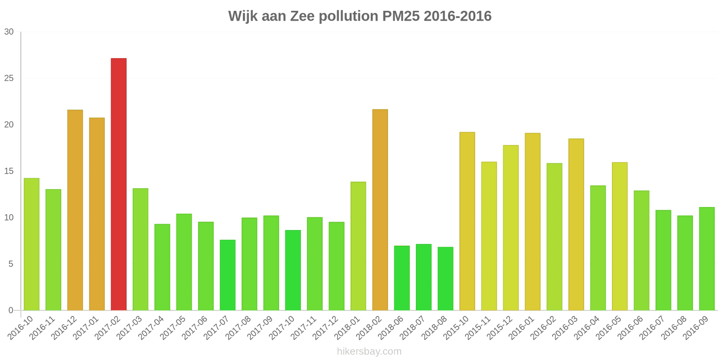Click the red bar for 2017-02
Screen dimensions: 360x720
point(119,184)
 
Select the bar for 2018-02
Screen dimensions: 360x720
point(380,210)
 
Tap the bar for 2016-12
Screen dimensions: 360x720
point(75,210)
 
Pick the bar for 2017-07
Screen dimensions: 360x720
point(228,275)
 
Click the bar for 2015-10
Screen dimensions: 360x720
point(467,221)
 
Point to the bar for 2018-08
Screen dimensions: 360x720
point(445,279)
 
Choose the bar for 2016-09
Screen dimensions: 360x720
point(707,259)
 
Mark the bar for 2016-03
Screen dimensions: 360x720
point(576,225)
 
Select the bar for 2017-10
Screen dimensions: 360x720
point(293,270)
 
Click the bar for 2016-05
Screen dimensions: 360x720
point(620,236)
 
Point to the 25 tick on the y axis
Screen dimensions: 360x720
point(9,78)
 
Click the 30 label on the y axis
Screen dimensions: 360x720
point(9,32)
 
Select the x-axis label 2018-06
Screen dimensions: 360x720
point(391,328)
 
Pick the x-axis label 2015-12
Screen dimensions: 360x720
point(500,328)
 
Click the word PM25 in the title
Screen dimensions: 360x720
point(401,16)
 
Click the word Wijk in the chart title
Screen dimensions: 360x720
point(243,16)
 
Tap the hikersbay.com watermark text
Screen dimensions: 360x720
point(369,351)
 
